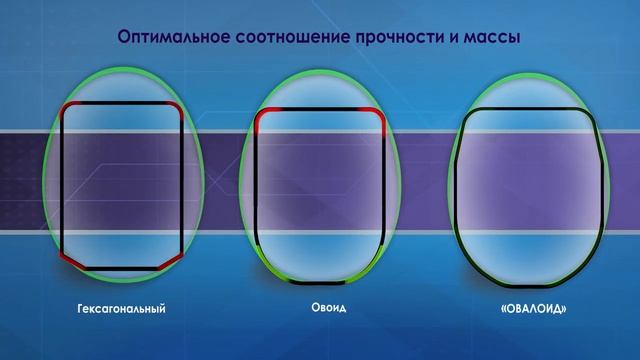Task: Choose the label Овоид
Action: [x=320, y=309]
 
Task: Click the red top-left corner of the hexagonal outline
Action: [x=65, y=106]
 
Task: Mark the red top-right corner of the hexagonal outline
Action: [x=176, y=106]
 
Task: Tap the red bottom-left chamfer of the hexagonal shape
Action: [x=71, y=259]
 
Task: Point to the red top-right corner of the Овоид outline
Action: [x=380, y=117]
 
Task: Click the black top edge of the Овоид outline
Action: [x=320, y=110]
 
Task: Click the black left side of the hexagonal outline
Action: [x=61, y=180]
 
